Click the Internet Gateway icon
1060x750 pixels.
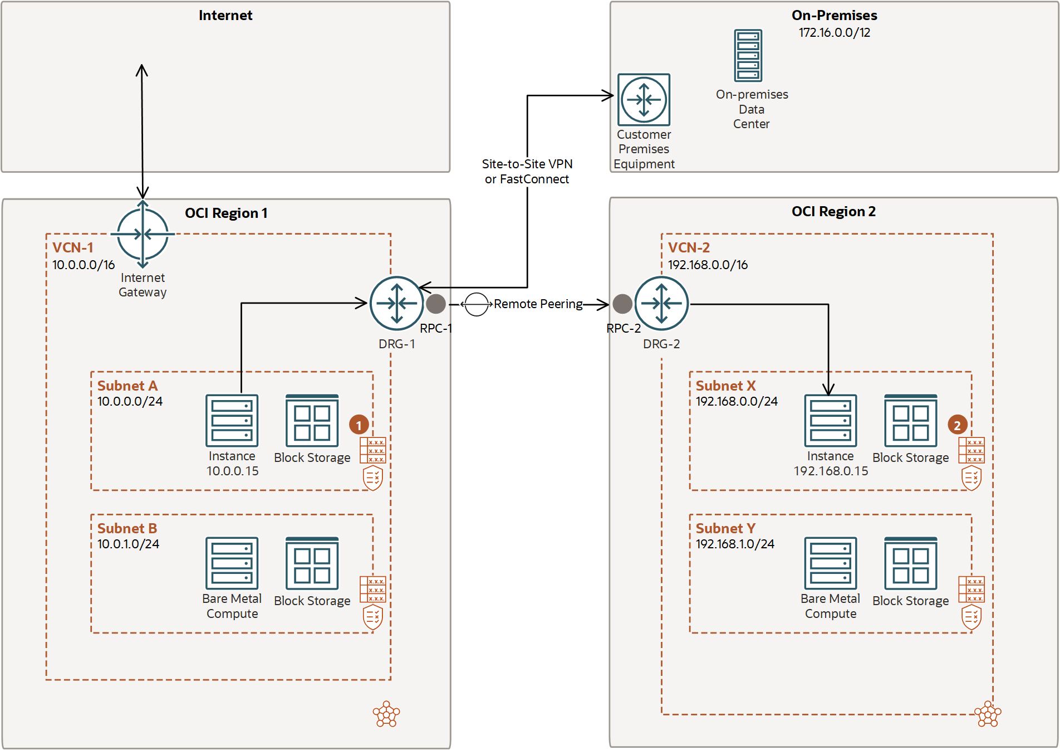pos(143,234)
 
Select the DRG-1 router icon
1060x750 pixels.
pos(396,303)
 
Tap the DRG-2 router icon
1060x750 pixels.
pos(661,303)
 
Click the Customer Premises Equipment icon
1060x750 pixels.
pos(644,100)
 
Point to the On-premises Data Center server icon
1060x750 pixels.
pos(748,56)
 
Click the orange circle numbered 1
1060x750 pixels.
pos(359,425)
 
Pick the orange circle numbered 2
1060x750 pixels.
pos(957,425)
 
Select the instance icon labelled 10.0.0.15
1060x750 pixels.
pos(232,421)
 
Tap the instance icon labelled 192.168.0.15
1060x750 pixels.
pos(830,421)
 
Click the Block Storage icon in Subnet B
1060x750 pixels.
pos(312,563)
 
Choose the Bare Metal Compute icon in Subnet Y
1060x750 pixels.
pos(830,563)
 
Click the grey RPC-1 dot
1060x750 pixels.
pos(436,304)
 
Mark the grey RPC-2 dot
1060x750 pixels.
pos(622,304)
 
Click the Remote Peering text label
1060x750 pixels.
pos(538,304)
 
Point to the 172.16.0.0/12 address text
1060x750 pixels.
pos(834,32)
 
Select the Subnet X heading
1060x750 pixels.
pos(725,386)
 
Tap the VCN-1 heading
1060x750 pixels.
pos(73,247)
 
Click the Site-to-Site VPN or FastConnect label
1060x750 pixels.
pos(527,171)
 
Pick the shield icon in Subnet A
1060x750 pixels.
pos(372,478)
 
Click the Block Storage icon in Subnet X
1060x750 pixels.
pos(910,421)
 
